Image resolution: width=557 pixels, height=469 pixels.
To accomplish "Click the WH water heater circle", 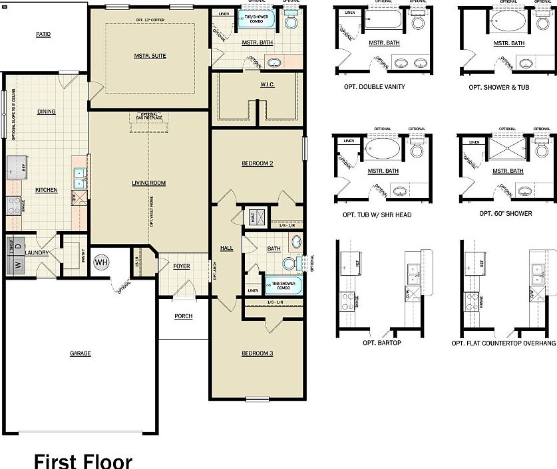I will [x=100, y=262].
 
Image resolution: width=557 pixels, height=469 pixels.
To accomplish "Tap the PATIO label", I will [x=43, y=34].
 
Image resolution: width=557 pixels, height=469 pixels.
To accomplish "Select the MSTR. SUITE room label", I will [x=150, y=56].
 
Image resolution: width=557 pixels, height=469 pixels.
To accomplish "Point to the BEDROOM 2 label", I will [x=258, y=163].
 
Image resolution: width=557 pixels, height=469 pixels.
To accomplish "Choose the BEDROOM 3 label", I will [x=258, y=353].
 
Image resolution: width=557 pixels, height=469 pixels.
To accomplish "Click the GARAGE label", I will [x=81, y=353].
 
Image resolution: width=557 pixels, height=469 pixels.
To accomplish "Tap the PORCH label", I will [x=183, y=316].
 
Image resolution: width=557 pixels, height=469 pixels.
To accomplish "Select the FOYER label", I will [x=182, y=266].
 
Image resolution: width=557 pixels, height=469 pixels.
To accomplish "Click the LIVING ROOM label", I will [x=148, y=183].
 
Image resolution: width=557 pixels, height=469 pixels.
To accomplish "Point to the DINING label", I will [x=46, y=112].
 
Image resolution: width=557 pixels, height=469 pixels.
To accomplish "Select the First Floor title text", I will [x=83, y=460].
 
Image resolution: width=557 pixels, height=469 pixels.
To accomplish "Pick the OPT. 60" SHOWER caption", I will [x=505, y=215].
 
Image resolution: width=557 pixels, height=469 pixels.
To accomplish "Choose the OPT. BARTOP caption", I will [x=381, y=343].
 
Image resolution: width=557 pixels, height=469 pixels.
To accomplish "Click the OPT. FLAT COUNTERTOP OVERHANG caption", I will [x=504, y=343].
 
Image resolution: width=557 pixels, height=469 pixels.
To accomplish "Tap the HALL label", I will [x=226, y=248].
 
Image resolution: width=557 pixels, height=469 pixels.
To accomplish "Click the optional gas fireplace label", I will [x=149, y=116].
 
